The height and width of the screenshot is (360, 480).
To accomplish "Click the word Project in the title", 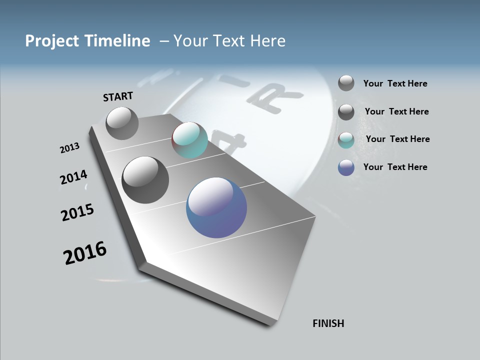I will coord(51,41).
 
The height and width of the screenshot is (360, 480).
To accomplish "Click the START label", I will coord(118,96).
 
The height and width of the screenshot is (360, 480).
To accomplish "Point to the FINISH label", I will coord(328,323).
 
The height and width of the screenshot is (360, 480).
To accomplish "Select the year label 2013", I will coord(69,148).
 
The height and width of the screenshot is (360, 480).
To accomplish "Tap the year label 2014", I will coord(73,177).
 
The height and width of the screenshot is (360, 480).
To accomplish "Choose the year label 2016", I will coord(84,253).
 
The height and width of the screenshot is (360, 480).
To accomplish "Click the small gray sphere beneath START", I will coord(122,123).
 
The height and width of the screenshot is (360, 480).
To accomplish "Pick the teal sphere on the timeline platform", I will coord(189,140).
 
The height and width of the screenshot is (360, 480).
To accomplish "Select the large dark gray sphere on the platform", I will coord(145,180).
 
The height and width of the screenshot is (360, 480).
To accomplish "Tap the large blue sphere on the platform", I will coord(216,207).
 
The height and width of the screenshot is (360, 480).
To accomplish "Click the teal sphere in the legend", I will coord(346,140).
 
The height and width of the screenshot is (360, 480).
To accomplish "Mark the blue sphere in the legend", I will coord(346,167).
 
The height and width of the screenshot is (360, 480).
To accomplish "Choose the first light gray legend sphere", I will coord(346,83).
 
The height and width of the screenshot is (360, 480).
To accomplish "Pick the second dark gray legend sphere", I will coord(346,112).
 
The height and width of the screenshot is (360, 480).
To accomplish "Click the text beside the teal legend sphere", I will coord(397,139).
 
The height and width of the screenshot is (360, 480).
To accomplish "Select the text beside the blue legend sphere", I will coord(395,167).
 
